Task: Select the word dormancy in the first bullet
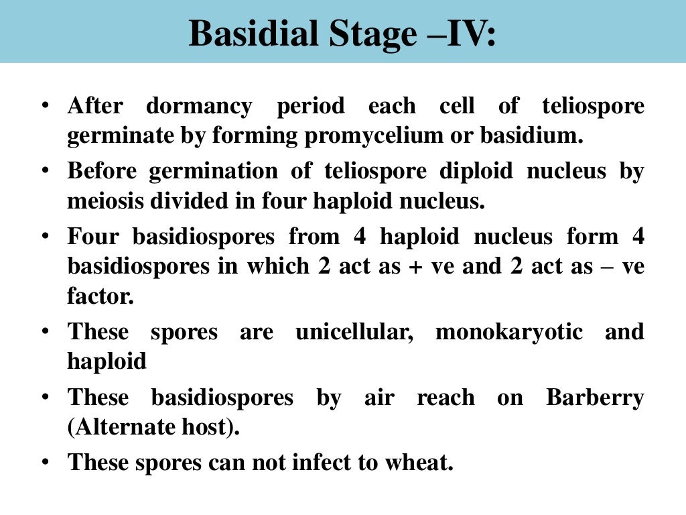[x=199, y=106]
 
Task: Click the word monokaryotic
[x=509, y=332]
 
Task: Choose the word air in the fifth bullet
[x=379, y=398]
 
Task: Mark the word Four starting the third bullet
[x=94, y=237]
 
